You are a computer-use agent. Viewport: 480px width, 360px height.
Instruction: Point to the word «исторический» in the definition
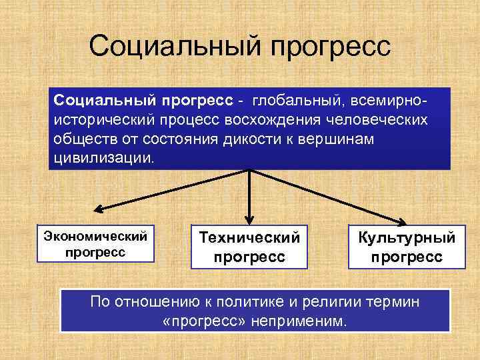(x=98, y=121)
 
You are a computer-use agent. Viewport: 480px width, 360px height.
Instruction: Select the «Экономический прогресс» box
(x=95, y=244)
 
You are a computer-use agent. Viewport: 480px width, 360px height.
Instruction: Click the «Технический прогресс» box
(x=249, y=247)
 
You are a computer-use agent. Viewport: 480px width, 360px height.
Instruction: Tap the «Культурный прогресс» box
(x=407, y=247)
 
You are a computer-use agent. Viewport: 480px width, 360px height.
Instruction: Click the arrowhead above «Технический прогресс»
(x=249, y=218)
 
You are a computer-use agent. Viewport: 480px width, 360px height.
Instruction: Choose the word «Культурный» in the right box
(x=407, y=237)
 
